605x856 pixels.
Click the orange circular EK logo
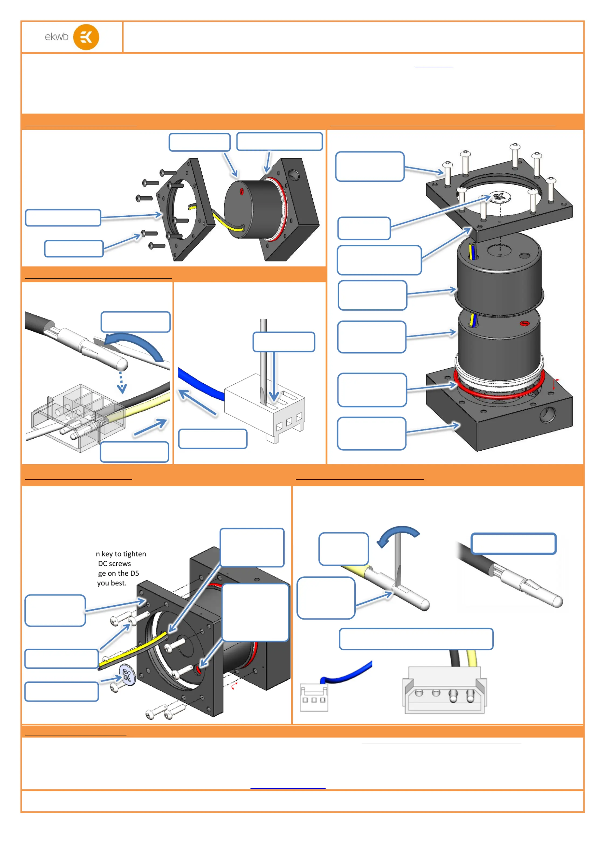pyautogui.click(x=86, y=37)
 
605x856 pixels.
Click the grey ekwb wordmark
pyautogui.click(x=57, y=37)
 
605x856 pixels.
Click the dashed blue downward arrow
pyautogui.click(x=122, y=382)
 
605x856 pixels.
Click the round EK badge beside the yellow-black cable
pyautogui.click(x=127, y=676)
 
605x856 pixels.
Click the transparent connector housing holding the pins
pyautogui.click(x=75, y=410)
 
